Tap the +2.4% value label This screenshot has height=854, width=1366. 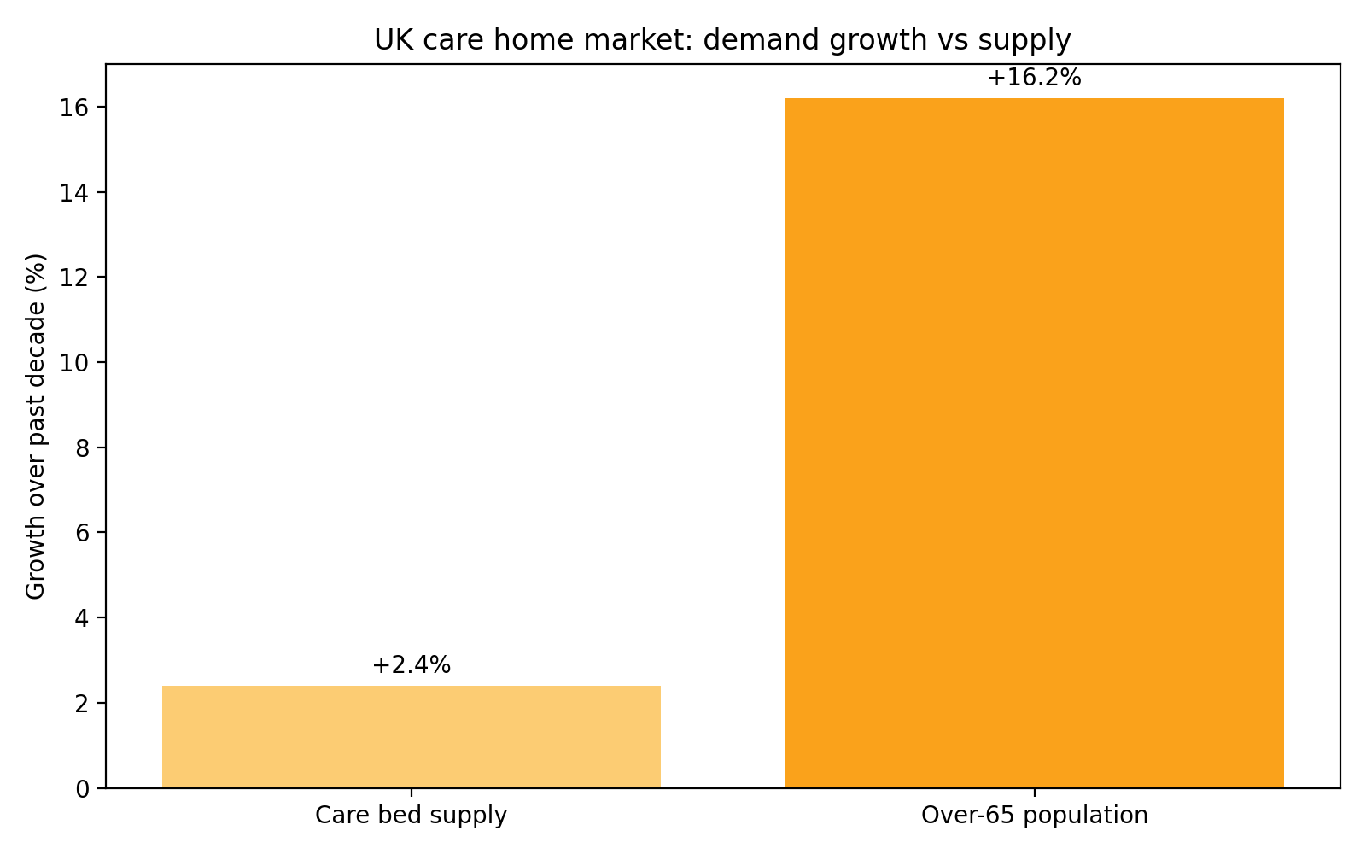(x=411, y=665)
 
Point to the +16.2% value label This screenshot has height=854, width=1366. (x=1034, y=78)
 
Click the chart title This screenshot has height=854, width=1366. (x=721, y=40)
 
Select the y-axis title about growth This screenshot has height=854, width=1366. (x=36, y=426)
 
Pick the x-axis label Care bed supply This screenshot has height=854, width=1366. (x=411, y=816)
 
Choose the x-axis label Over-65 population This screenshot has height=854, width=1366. (x=1034, y=816)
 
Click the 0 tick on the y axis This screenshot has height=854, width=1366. (x=83, y=788)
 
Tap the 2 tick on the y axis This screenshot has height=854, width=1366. (x=83, y=703)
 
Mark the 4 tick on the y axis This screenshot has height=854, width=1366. (x=83, y=617)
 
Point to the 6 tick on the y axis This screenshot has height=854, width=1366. (x=83, y=533)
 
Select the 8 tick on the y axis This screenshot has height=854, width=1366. (x=83, y=447)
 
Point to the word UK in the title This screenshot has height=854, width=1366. (x=390, y=40)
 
